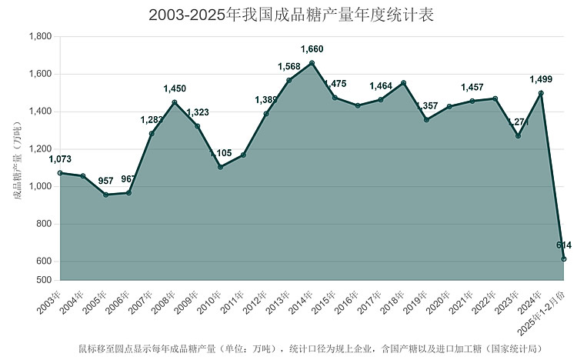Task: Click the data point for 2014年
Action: (312, 63)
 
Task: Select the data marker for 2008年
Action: (175, 102)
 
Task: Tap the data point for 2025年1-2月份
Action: (564, 259)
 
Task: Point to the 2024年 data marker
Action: (541, 93)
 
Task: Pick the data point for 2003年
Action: (60, 173)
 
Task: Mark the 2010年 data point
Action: (220, 167)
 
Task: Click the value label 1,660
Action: (312, 49)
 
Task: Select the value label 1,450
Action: (175, 88)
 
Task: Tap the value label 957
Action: (105, 181)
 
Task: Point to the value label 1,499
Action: (541, 79)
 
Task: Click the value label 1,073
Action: (60, 159)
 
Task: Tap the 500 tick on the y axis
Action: (44, 280)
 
